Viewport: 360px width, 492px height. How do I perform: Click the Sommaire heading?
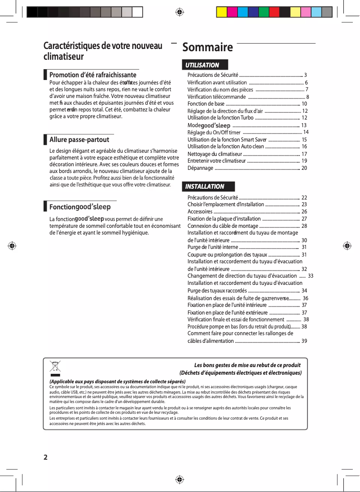[x=207, y=48]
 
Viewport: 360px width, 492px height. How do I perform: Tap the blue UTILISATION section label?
[x=203, y=65]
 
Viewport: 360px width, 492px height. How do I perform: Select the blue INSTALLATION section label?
[x=205, y=186]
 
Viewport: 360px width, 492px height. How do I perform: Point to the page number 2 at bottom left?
[x=45, y=457]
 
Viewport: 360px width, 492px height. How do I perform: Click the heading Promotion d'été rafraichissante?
[x=92, y=75]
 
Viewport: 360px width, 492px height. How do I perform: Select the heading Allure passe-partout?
[x=79, y=140]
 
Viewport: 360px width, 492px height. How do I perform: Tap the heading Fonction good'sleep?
[x=80, y=207]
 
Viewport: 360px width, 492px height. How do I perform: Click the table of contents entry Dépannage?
[x=200, y=168]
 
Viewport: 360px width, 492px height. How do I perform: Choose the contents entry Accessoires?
[x=200, y=212]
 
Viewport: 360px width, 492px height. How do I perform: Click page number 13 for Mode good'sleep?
[x=304, y=125]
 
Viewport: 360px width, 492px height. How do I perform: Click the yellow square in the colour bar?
[x=222, y=12]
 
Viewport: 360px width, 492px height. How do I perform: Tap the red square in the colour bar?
[x=274, y=12]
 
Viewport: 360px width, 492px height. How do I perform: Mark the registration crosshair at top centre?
[x=180, y=12]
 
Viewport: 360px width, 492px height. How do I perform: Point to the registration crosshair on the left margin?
[x=12, y=246]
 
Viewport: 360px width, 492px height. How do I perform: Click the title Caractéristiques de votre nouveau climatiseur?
[x=103, y=51]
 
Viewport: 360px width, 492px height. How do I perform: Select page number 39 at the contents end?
[x=304, y=341]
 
